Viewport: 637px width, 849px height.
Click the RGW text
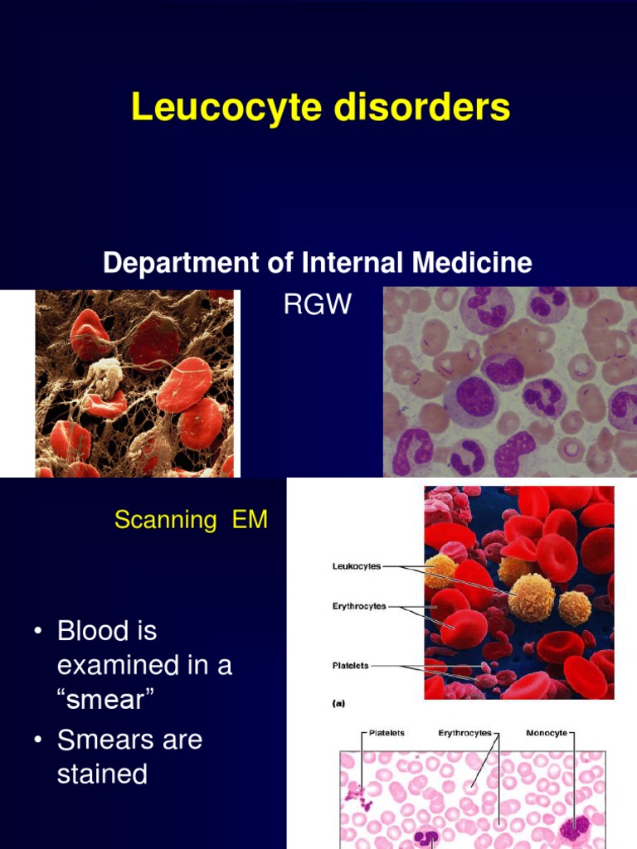coord(318,305)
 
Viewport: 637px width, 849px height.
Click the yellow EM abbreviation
coord(249,520)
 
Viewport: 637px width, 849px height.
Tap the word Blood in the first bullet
coord(107,631)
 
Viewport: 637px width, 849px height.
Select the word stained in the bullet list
coord(102,774)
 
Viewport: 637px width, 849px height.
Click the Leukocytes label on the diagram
coord(357,566)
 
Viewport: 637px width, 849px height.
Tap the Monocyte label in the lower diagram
coord(547,733)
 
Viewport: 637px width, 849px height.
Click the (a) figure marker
coord(338,703)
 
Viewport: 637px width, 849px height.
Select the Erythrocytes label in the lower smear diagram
coord(464,733)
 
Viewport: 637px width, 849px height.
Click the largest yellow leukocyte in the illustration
coord(531,598)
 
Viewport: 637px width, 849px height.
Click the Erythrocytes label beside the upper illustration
coord(359,606)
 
